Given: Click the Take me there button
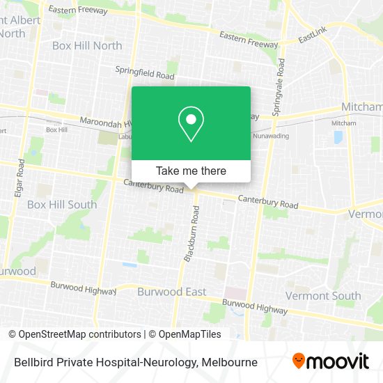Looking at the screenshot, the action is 191,171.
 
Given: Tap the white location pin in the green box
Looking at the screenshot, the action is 191,124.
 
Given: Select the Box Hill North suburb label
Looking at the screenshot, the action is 87,45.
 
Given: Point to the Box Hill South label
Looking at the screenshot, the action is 62,205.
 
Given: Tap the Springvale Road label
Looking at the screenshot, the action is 279,87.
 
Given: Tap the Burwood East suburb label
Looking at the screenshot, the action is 171,292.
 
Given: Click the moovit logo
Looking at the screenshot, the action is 331,361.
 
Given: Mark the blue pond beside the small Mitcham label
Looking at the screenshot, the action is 338,137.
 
